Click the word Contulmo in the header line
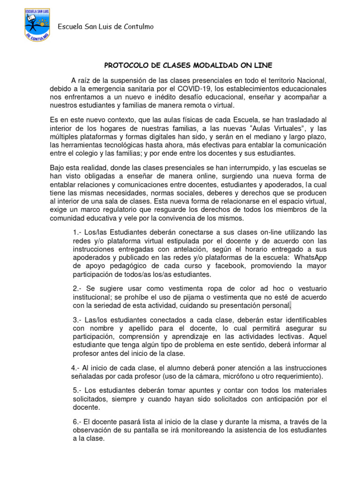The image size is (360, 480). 137,27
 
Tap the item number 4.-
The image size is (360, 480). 76,367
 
